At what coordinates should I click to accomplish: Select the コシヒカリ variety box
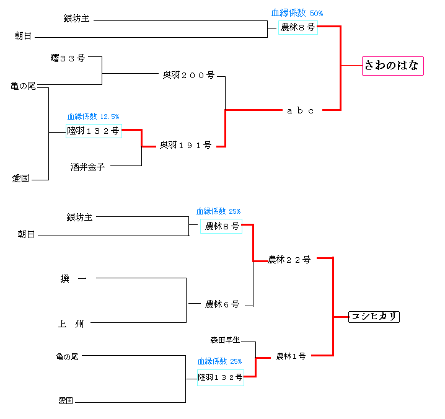[373, 317]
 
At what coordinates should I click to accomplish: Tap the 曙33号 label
[68, 58]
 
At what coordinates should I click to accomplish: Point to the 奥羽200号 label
[188, 75]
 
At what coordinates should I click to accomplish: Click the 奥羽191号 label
[185, 146]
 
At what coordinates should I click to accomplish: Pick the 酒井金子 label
[87, 166]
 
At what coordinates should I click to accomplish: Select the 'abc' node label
[301, 111]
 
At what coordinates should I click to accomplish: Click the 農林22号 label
[289, 260]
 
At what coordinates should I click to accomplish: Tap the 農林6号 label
[222, 304]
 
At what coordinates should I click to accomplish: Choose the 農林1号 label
[291, 356]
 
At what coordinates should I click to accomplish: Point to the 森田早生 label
[224, 340]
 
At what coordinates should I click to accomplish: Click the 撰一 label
[73, 279]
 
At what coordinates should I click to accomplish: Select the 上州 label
[71, 324]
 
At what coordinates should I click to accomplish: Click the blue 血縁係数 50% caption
[297, 13]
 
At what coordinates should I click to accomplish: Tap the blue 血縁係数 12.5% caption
[93, 116]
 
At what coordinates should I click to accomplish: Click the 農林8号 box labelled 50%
[297, 27]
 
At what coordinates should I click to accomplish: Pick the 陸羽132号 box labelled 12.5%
[94, 131]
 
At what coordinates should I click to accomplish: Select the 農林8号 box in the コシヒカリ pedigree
[221, 226]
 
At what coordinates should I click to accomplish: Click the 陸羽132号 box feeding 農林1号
[220, 377]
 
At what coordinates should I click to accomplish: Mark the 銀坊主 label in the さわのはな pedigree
[76, 19]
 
